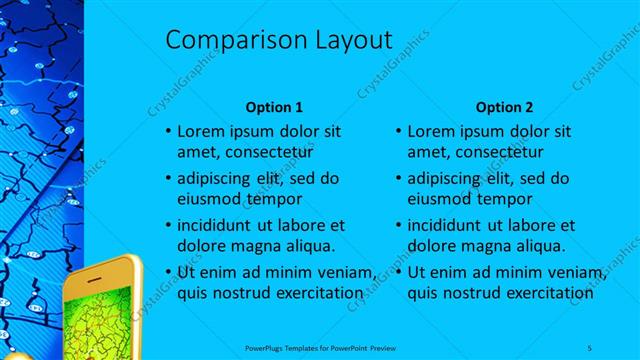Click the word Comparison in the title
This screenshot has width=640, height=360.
[221, 41]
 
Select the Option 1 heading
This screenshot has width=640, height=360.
[273, 107]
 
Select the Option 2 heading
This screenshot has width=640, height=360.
[504, 107]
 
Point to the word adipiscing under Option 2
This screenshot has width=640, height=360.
[450, 178]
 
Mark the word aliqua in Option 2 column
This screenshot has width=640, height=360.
[538, 246]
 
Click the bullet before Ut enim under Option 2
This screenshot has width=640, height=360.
[398, 272]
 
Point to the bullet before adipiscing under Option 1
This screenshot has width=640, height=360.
[167, 178]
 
